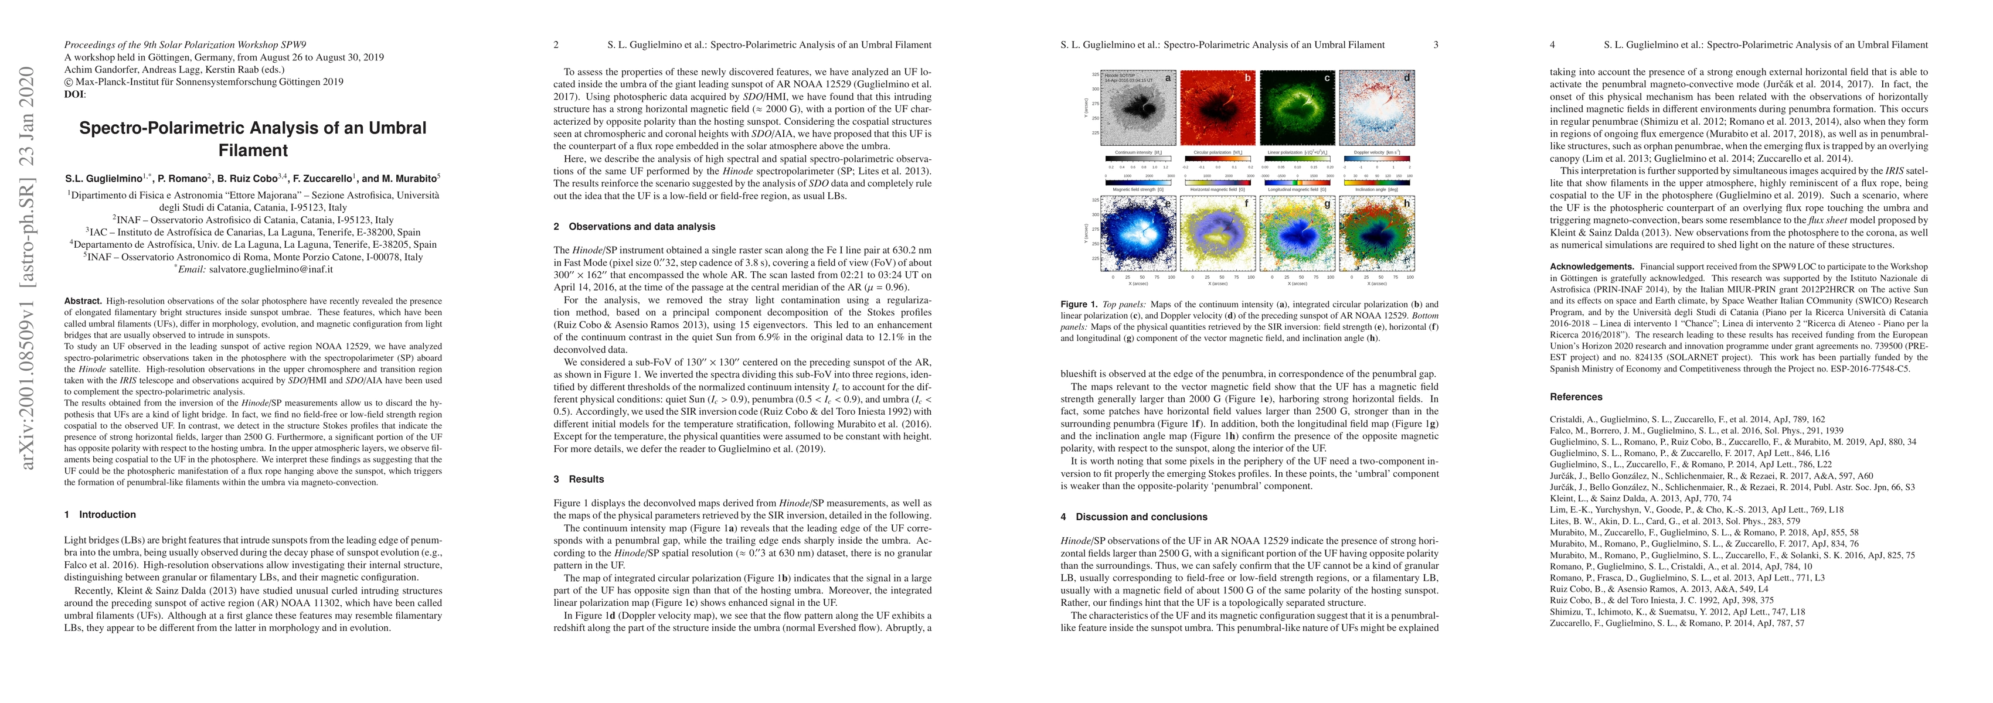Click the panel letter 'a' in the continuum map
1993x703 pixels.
[1168, 78]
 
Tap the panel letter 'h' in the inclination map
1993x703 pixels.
[1407, 203]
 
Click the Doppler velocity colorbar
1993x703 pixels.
[1376, 159]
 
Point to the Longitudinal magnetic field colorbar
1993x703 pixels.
[1297, 183]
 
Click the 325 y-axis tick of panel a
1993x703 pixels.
[1095, 74]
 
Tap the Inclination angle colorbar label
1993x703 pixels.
[1376, 189]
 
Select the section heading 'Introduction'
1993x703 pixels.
[107, 514]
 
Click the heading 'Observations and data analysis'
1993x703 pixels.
[641, 227]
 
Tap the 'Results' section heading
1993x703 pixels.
[586, 479]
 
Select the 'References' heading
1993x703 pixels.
[1576, 397]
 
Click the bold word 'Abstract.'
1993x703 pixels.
[83, 301]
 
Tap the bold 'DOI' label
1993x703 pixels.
[74, 94]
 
